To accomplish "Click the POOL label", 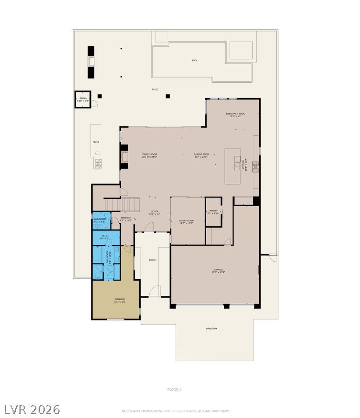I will (x=194, y=60).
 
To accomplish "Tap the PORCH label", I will (x=152, y=260).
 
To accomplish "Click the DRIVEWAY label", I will (x=212, y=328).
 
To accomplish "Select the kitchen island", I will (x=233, y=166).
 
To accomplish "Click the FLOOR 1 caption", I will (x=174, y=390).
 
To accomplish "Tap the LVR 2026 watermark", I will (x=32, y=410).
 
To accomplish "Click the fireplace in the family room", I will (x=125, y=156).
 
